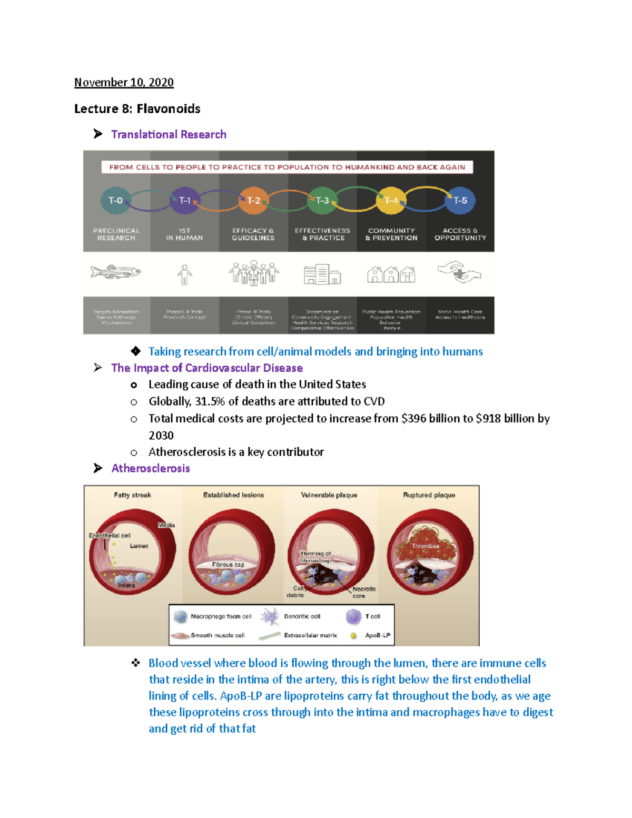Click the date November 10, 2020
(x=124, y=82)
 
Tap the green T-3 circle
(x=322, y=200)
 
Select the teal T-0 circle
(x=115, y=200)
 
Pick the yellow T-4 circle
(x=391, y=200)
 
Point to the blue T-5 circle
(x=460, y=200)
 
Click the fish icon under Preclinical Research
(x=116, y=272)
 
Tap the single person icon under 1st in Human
(x=184, y=274)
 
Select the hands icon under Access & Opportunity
(x=459, y=272)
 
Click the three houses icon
(x=391, y=274)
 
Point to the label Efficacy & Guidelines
(x=253, y=234)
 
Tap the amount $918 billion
(x=505, y=418)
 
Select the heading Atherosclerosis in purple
(x=151, y=468)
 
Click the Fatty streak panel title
(x=132, y=495)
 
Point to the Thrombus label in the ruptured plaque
(x=426, y=546)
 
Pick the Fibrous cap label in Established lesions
(x=228, y=565)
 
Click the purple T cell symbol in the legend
(x=353, y=616)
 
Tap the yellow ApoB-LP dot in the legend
(x=354, y=636)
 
